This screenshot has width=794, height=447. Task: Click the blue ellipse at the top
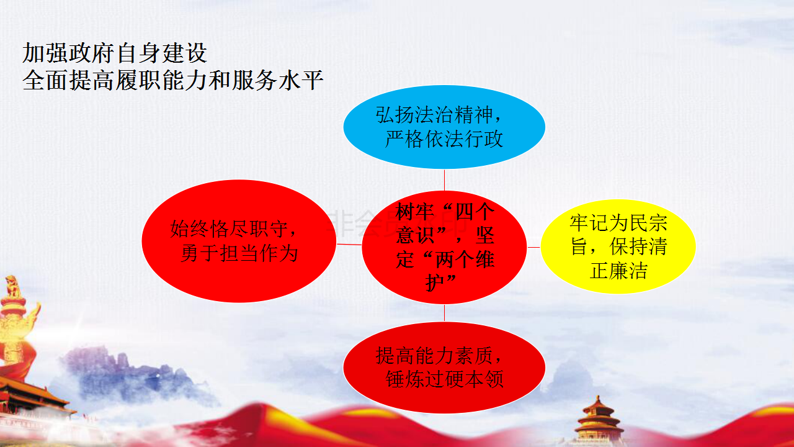444,127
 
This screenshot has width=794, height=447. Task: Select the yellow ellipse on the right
618,246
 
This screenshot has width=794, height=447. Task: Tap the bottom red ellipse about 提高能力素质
444,368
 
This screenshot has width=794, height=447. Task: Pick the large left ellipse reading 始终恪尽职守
239,242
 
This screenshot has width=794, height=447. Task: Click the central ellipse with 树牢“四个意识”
444,247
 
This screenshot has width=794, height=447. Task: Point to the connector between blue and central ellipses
445,180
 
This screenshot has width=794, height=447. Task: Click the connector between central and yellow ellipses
534,247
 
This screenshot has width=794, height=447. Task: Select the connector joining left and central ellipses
349,245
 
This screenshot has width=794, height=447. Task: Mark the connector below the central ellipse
445,313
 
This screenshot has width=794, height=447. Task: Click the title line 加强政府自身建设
115,53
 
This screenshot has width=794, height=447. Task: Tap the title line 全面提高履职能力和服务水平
172,80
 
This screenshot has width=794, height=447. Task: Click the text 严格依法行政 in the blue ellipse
444,139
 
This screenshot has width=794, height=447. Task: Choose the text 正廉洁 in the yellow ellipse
618,271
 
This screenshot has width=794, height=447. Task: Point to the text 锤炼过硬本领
445,379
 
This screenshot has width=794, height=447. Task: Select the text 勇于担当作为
239,254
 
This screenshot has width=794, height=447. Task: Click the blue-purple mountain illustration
138,376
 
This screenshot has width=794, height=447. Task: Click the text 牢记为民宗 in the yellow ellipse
618,223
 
